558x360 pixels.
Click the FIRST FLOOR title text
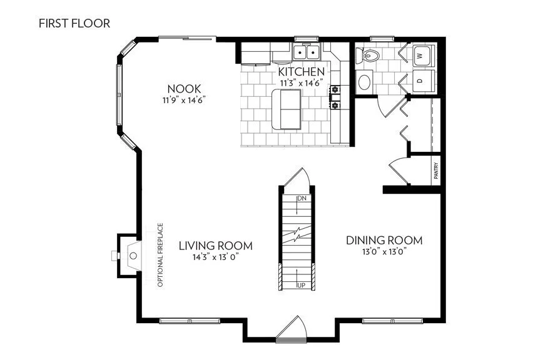pos(74,24)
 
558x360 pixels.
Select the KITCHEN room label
pos(302,72)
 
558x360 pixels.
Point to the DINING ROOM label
pos(385,241)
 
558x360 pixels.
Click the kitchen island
pos(286,109)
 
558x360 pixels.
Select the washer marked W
pos(420,56)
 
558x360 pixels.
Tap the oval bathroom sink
pos(364,81)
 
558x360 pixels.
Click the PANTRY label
pos(435,172)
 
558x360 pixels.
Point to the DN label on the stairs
pos(302,199)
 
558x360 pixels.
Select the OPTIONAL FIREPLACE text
pos(160,254)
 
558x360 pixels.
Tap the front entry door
pos(290,331)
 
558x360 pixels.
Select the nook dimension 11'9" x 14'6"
pos(184,99)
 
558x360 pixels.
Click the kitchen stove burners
pos(335,97)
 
